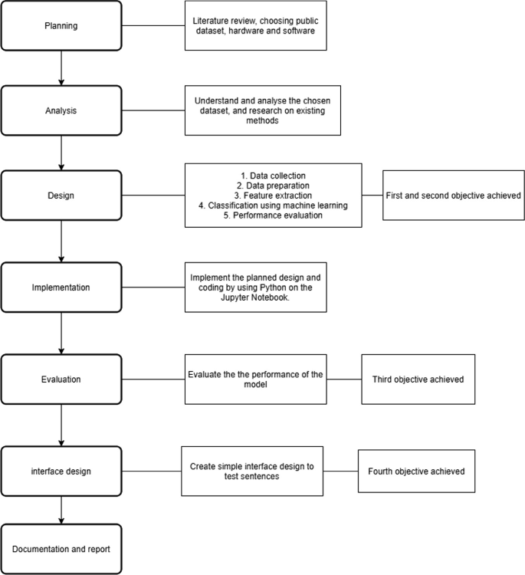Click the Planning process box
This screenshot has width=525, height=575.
click(x=61, y=26)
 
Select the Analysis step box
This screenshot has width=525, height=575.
click(x=61, y=110)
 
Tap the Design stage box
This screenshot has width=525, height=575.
click(x=61, y=195)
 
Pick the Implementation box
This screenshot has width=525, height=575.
click(x=61, y=287)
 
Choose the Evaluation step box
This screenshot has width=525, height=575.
click(x=61, y=379)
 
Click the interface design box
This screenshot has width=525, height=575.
click(x=61, y=472)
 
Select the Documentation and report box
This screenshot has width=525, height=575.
click(x=61, y=549)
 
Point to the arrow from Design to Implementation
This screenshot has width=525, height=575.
click(x=61, y=241)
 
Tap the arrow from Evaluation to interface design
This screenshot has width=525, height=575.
click(x=61, y=426)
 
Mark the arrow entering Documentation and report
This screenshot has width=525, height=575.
click(x=61, y=511)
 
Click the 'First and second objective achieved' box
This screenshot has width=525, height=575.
click(x=452, y=195)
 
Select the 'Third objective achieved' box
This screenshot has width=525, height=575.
click(x=418, y=379)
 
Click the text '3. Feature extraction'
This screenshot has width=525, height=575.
click(x=273, y=195)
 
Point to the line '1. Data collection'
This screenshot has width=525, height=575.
click(x=273, y=175)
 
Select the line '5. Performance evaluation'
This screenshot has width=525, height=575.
click(x=273, y=215)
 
